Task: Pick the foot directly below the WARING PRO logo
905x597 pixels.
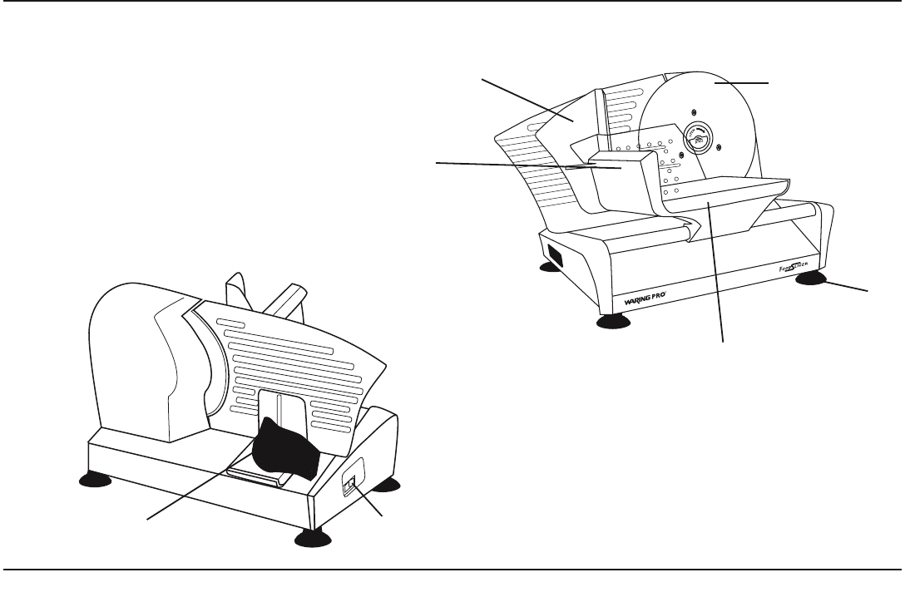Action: [x=612, y=322]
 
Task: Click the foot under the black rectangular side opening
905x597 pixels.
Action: [x=549, y=267]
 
